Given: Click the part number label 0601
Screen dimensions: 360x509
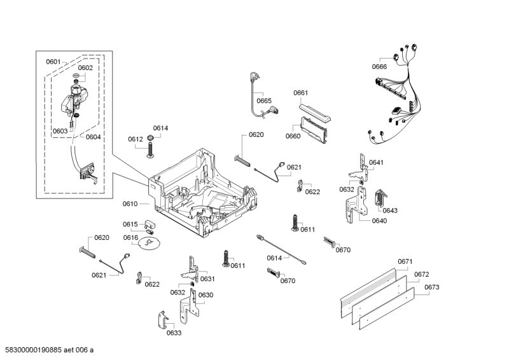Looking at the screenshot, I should click(x=53, y=62).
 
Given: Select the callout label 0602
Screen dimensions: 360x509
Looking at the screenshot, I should click(x=85, y=67).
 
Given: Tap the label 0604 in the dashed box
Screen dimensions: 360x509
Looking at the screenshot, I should click(x=93, y=137).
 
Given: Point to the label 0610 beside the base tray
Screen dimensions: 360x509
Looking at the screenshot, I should click(x=130, y=204).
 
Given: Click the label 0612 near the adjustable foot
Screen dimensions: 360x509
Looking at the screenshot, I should click(x=135, y=139).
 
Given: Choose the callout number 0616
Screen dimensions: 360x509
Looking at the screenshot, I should click(x=130, y=237).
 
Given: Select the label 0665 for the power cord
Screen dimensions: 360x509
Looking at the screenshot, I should click(x=264, y=100).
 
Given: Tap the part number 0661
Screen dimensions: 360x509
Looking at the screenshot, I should click(x=301, y=93).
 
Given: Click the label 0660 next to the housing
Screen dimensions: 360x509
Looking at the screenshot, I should click(x=293, y=136).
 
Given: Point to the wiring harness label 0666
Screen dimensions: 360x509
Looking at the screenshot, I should click(x=379, y=67).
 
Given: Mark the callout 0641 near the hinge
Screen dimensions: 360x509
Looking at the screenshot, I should click(x=377, y=162).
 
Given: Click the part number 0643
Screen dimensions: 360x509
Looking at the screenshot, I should click(x=390, y=211).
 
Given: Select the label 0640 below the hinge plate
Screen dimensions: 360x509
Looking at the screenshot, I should click(x=379, y=221).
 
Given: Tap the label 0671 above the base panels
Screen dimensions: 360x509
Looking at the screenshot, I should click(x=405, y=261).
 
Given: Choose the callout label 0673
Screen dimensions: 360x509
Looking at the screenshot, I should click(x=431, y=287).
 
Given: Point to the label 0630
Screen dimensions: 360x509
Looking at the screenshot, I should click(x=206, y=294).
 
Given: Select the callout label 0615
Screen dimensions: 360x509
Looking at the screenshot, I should click(x=130, y=224).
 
